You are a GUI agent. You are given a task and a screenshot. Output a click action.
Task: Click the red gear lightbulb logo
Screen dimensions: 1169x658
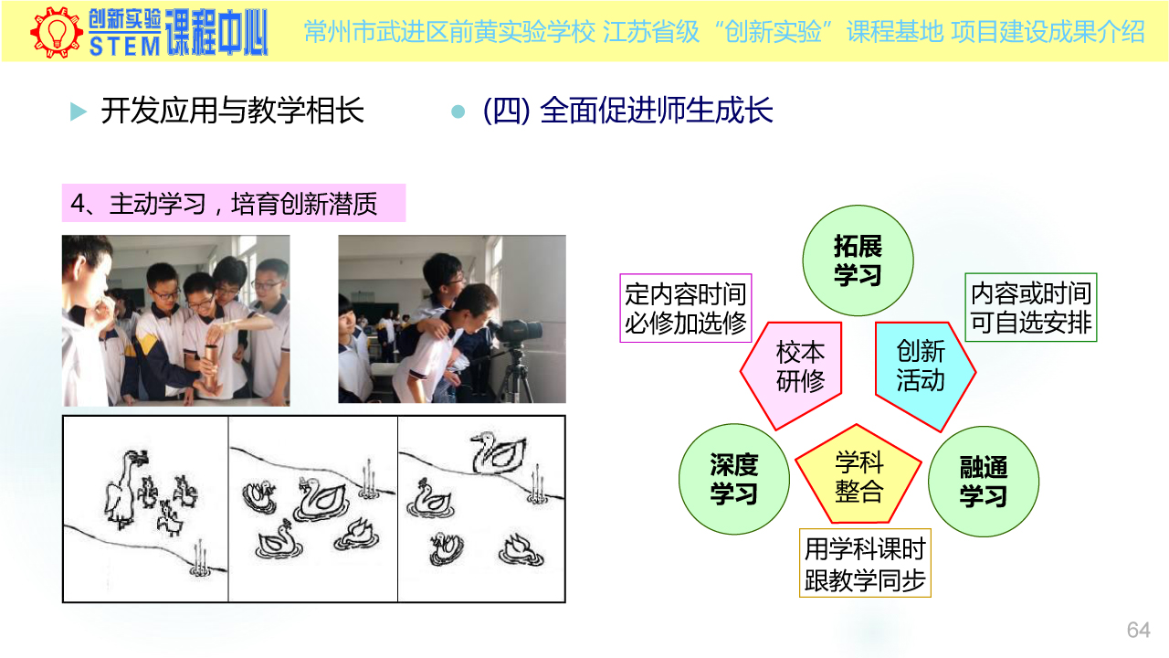pyautogui.click(x=57, y=32)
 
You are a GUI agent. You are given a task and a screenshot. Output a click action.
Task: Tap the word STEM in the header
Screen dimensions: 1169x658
pyautogui.click(x=125, y=46)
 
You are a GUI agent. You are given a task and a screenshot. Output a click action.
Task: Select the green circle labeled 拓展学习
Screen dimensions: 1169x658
pyautogui.click(x=858, y=260)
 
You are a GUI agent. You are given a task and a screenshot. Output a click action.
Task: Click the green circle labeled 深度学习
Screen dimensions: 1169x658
pyautogui.click(x=733, y=479)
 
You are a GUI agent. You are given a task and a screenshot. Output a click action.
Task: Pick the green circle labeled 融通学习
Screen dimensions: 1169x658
pyautogui.click(x=984, y=482)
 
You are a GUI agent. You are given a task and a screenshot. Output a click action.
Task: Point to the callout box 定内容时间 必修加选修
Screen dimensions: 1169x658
pyautogui.click(x=685, y=308)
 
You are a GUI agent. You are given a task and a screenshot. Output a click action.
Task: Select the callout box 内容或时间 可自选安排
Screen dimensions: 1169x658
pyautogui.click(x=1031, y=308)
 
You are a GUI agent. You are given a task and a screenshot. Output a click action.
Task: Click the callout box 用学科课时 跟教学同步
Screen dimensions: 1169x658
pyautogui.click(x=865, y=563)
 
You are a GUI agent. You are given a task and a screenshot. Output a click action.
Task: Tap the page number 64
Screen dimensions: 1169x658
pyautogui.click(x=1138, y=630)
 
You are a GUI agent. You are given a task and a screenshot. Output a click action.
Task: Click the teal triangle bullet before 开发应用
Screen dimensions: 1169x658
pyautogui.click(x=78, y=111)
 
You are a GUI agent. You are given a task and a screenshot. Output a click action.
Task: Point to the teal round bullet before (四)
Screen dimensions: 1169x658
pyautogui.click(x=458, y=111)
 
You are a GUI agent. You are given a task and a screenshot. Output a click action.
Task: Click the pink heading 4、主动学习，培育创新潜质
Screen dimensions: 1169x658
pyautogui.click(x=233, y=203)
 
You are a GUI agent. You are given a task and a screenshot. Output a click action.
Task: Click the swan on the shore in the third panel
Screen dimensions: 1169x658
pyautogui.click(x=498, y=452)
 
